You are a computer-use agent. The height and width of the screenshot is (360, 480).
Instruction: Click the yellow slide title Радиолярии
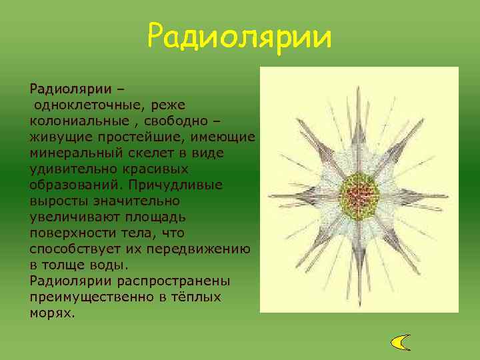[x=239, y=37]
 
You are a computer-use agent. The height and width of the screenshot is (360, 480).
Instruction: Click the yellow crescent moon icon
[x=400, y=342]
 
